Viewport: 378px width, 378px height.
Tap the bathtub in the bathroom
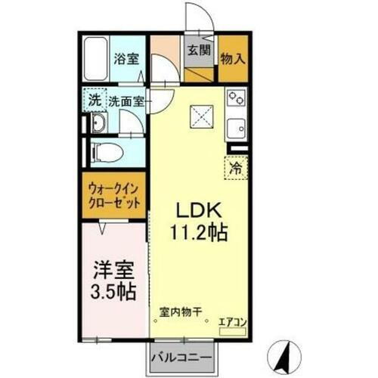pyautogui.click(x=96, y=59)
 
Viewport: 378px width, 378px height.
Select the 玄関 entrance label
pyautogui.click(x=199, y=51)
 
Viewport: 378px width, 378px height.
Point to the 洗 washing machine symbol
pyautogui.click(x=94, y=100)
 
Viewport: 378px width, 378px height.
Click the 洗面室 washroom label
pyautogui.click(x=128, y=101)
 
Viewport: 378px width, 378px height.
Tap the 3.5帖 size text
pyautogui.click(x=113, y=291)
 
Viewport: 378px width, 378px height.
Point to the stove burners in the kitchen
pyautogui.click(x=235, y=99)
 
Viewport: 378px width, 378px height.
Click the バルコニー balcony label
pyautogui.click(x=178, y=355)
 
